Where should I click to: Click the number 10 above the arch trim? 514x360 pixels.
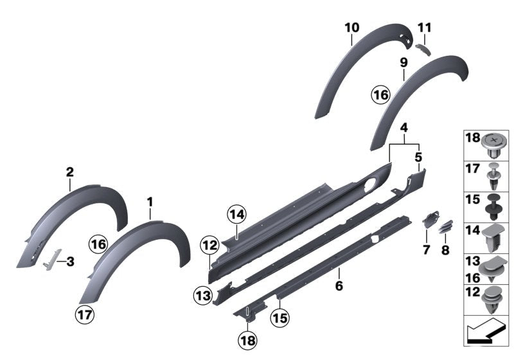[351, 28]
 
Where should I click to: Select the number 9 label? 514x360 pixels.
[403, 62]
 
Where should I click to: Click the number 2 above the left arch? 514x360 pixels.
[69, 172]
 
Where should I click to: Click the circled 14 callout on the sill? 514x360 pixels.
[236, 215]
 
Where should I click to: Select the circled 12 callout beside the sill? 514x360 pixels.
[209, 245]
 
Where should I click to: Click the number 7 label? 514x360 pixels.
[425, 249]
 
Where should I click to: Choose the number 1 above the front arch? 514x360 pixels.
[150, 202]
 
